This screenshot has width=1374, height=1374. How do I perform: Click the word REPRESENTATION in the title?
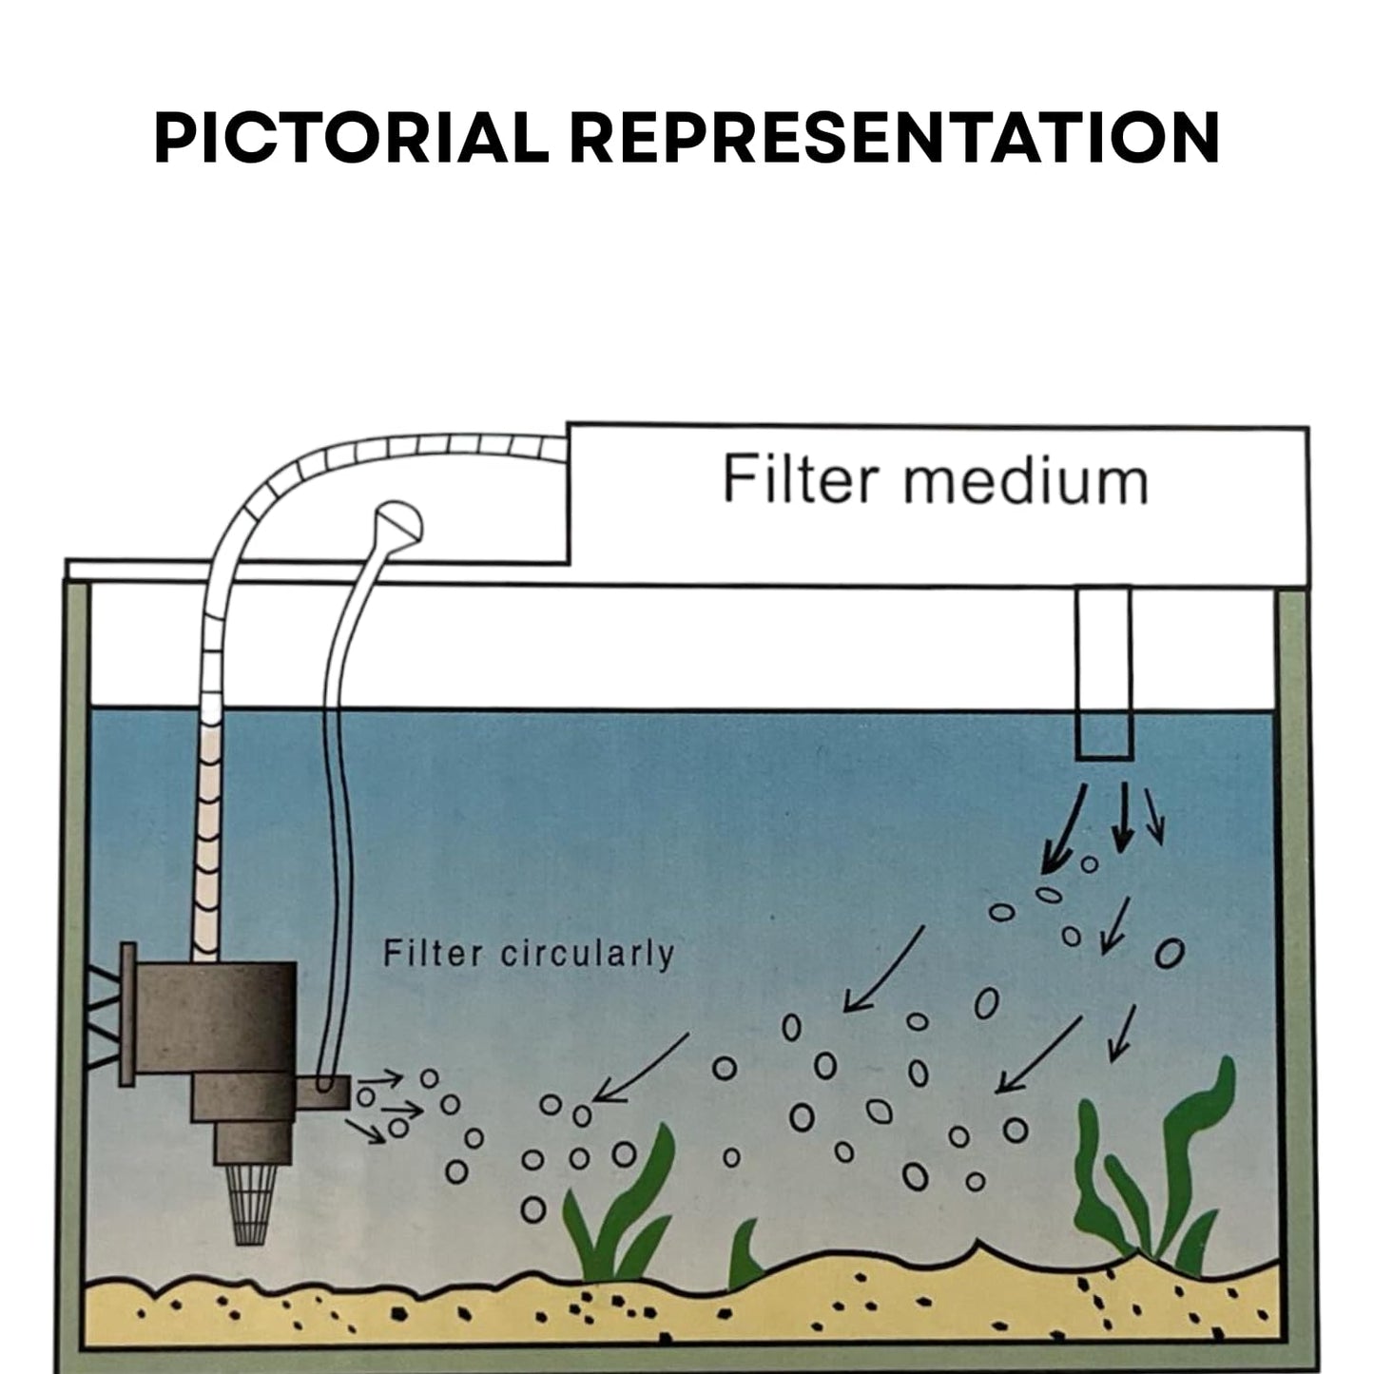pyautogui.click(x=895, y=139)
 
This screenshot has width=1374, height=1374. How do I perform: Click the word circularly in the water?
pyautogui.click(x=587, y=954)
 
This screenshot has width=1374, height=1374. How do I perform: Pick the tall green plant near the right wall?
pyautogui.click(x=1155, y=1170)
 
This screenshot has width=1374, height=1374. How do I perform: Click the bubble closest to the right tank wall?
pyautogui.click(x=1170, y=952)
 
